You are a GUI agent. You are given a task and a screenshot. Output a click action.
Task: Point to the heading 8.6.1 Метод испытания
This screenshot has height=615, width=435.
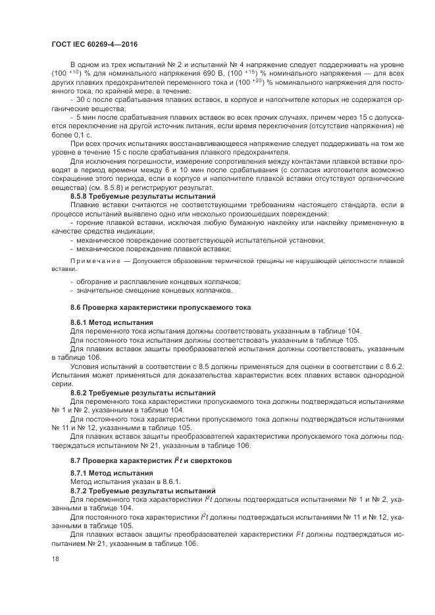[112, 323]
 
